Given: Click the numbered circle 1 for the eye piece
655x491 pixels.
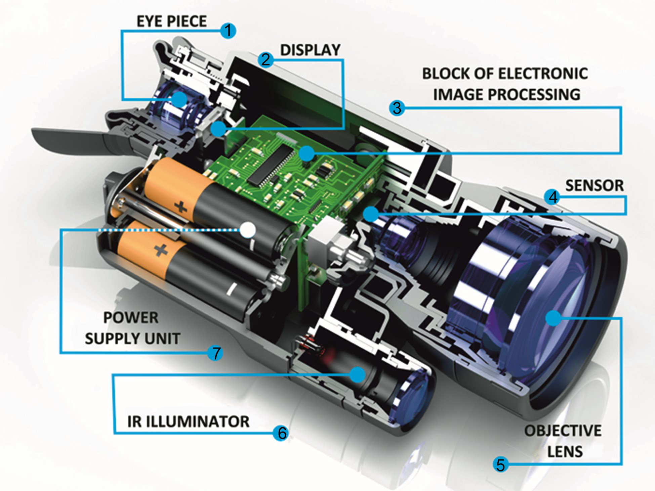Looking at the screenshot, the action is [x=228, y=31].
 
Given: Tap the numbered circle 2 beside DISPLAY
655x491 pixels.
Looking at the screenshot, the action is [x=266, y=60].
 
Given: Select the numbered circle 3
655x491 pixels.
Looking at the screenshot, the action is [x=397, y=108].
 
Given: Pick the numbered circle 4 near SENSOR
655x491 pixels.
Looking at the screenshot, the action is [x=552, y=197].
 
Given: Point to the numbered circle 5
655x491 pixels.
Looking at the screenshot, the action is [x=501, y=464].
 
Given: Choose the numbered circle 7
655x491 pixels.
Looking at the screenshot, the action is [x=215, y=353].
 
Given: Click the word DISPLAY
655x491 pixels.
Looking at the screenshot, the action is [x=310, y=50].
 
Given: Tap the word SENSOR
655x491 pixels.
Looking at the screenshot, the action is [x=594, y=185].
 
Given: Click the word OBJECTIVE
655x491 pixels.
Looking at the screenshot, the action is [x=563, y=431].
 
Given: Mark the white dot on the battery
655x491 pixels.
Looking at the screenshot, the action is [x=248, y=230].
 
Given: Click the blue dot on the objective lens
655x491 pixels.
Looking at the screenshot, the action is [x=553, y=318].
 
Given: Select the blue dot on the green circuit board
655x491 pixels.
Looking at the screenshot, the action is [x=306, y=154].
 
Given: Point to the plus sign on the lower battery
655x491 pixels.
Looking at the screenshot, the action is [x=160, y=250].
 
